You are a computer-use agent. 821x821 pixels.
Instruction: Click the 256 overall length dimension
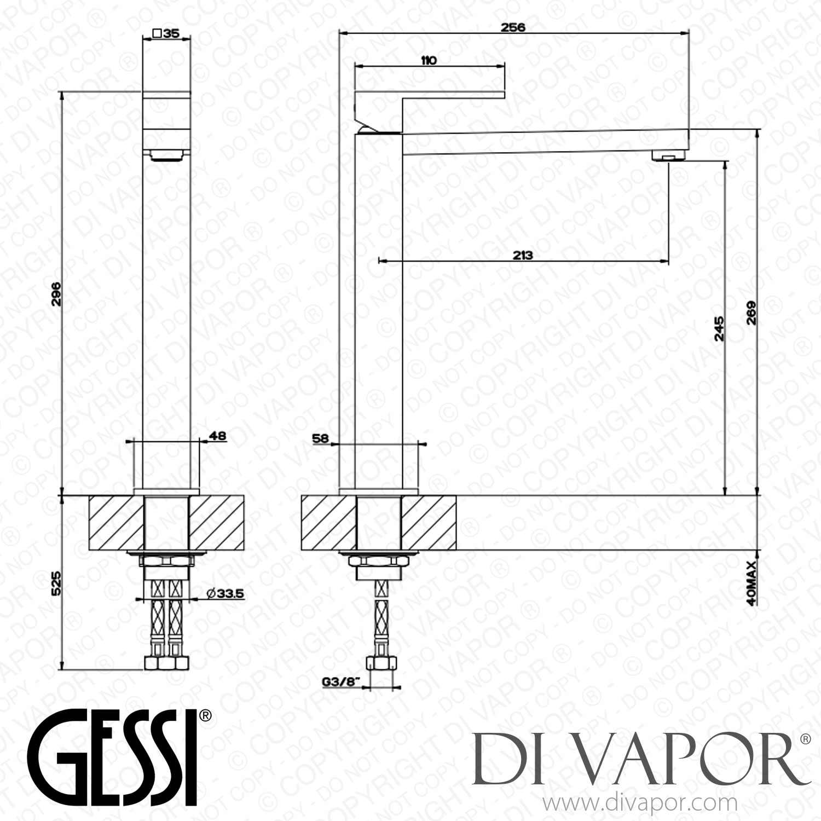[x=513, y=27]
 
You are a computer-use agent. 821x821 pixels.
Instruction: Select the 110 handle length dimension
[x=429, y=60]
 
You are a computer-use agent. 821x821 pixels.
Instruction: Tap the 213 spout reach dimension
[x=523, y=255]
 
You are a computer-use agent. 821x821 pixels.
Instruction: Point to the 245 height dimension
[x=719, y=328]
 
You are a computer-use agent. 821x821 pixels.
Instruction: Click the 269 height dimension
[x=751, y=313]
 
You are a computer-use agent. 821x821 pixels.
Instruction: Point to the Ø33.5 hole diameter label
[x=225, y=593]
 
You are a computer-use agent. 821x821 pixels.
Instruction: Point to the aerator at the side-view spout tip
[x=669, y=158]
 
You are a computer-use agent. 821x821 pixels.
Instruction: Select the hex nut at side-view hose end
[x=380, y=664]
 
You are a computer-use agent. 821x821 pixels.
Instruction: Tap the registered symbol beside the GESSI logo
[x=205, y=716]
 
